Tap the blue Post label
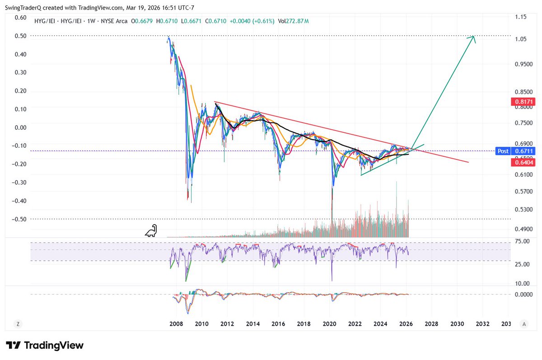click(x=502, y=151)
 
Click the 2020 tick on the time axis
click(x=330, y=324)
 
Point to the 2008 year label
click(x=176, y=324)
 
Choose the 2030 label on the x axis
click(x=457, y=324)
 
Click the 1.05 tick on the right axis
click(x=521, y=39)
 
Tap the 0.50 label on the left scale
click(x=21, y=36)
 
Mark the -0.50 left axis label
click(x=19, y=219)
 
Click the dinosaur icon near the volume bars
click(x=151, y=231)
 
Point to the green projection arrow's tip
click(x=474, y=37)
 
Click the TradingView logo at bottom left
click(x=44, y=346)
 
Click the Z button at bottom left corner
click(x=18, y=324)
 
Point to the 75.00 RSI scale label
click(x=522, y=242)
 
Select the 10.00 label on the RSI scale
click(x=522, y=283)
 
